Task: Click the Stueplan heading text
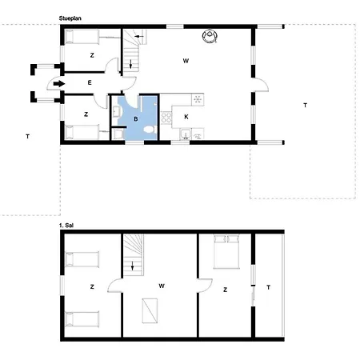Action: pyautogui.click(x=70, y=16)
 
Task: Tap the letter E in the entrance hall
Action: pyautogui.click(x=90, y=82)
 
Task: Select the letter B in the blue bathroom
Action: pyautogui.click(x=135, y=118)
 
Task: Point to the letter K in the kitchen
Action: pyautogui.click(x=186, y=118)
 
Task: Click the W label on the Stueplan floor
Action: pyautogui.click(x=186, y=61)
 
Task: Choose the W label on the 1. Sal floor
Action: pyautogui.click(x=161, y=286)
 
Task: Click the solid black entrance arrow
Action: pyautogui.click(x=58, y=83)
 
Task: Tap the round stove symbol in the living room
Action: pyautogui.click(x=211, y=34)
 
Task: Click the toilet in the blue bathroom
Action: pyautogui.click(x=118, y=135)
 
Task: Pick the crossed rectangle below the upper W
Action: pyautogui.click(x=150, y=310)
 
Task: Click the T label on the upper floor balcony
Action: pyautogui.click(x=268, y=287)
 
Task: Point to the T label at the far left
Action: pyautogui.click(x=27, y=137)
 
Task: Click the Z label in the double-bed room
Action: pyautogui.click(x=226, y=289)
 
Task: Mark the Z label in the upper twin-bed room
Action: pyautogui.click(x=93, y=286)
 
